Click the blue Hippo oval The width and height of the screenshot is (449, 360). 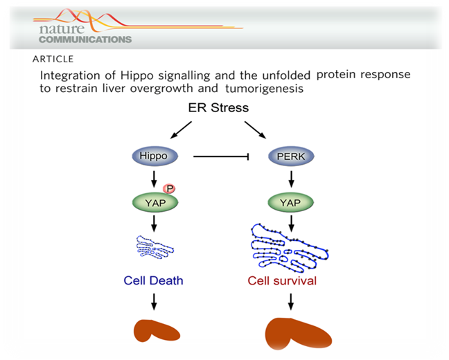153,156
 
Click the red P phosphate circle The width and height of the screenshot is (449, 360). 168,188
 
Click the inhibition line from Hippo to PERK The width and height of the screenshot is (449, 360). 221,156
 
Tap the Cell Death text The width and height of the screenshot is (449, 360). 153,280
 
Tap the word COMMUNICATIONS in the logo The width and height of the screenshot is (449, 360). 85,39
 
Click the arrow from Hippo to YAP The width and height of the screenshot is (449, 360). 153,179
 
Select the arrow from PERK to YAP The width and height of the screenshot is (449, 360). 292,179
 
